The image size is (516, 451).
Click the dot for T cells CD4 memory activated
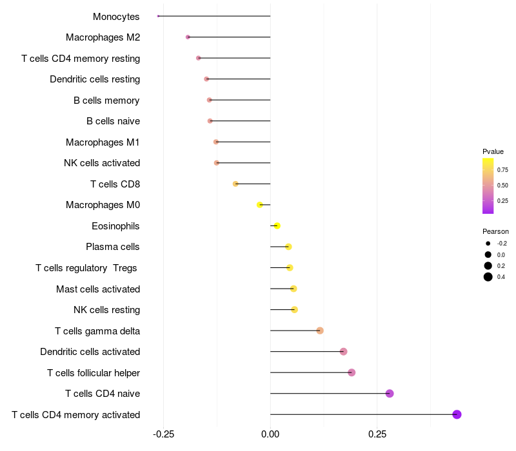[x=457, y=414]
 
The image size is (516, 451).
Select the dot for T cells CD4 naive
[x=390, y=394]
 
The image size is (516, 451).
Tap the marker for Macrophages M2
[x=188, y=37]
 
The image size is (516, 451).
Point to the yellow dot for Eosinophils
[x=277, y=225]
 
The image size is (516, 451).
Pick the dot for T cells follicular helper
[x=352, y=372]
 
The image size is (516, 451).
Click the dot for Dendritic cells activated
[x=344, y=352]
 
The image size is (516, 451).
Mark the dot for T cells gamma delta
[x=320, y=331]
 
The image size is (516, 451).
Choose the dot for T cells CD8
[x=235, y=184]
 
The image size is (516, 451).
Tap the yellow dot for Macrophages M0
[x=260, y=205]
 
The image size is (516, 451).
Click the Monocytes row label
[x=116, y=17]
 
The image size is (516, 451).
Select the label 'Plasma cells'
[x=113, y=247]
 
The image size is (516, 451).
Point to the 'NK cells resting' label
[x=106, y=310]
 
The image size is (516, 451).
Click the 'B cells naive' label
[x=113, y=121]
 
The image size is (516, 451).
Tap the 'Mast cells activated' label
[x=98, y=289]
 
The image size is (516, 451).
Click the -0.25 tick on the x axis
[x=163, y=434]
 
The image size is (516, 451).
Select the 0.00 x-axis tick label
[x=270, y=434]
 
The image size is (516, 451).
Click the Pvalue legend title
[x=493, y=151]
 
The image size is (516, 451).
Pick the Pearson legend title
[x=495, y=231]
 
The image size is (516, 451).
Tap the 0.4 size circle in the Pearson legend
[x=488, y=277]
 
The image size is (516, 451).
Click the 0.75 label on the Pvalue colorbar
[x=502, y=170]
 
